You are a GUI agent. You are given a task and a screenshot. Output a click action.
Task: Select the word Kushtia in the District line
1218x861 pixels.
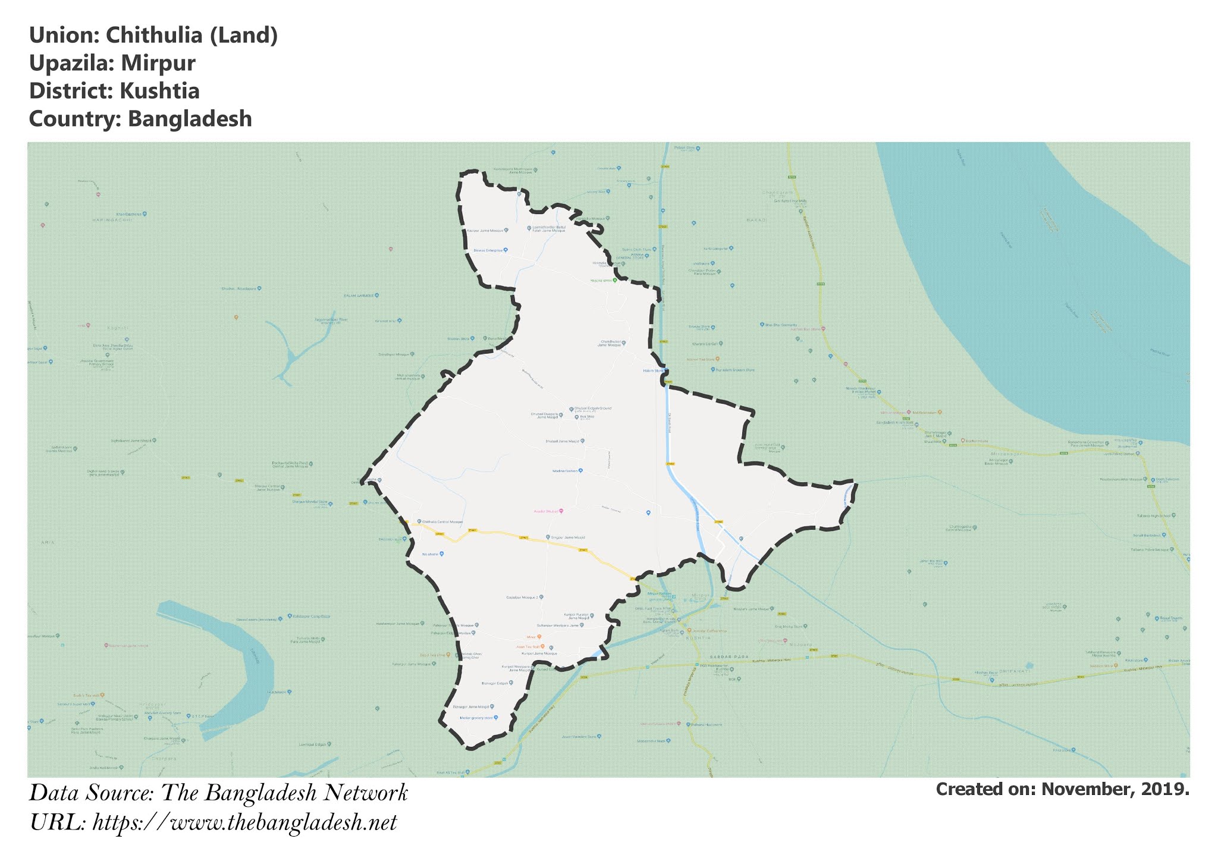pos(159,91)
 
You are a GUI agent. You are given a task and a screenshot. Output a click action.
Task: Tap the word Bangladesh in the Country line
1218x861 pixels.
pos(190,119)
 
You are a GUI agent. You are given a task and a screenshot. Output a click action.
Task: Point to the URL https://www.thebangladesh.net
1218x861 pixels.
pos(244,824)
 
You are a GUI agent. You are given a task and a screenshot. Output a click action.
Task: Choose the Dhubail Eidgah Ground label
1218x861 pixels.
pos(592,408)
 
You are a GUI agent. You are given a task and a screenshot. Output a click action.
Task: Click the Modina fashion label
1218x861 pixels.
pos(565,470)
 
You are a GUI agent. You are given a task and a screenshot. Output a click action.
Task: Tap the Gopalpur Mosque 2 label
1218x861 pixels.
pos(522,597)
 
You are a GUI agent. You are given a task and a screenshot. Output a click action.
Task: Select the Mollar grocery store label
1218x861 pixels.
pos(477,718)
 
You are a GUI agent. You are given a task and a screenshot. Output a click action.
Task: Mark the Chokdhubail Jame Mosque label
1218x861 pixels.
pos(610,344)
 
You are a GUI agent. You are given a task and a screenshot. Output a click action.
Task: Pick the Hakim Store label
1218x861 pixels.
pos(653,370)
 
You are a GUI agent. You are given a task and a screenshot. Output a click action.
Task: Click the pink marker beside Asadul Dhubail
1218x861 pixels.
pos(561,511)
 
